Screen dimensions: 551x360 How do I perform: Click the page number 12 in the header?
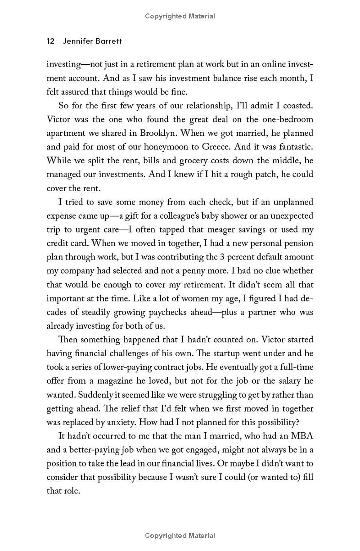point(50,41)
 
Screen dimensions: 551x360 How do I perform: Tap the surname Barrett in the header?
point(108,41)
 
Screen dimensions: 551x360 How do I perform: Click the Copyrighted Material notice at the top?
point(180,16)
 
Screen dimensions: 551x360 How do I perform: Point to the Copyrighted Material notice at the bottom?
point(180,536)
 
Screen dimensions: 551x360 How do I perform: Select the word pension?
point(298,243)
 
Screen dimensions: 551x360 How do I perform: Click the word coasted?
point(296,106)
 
